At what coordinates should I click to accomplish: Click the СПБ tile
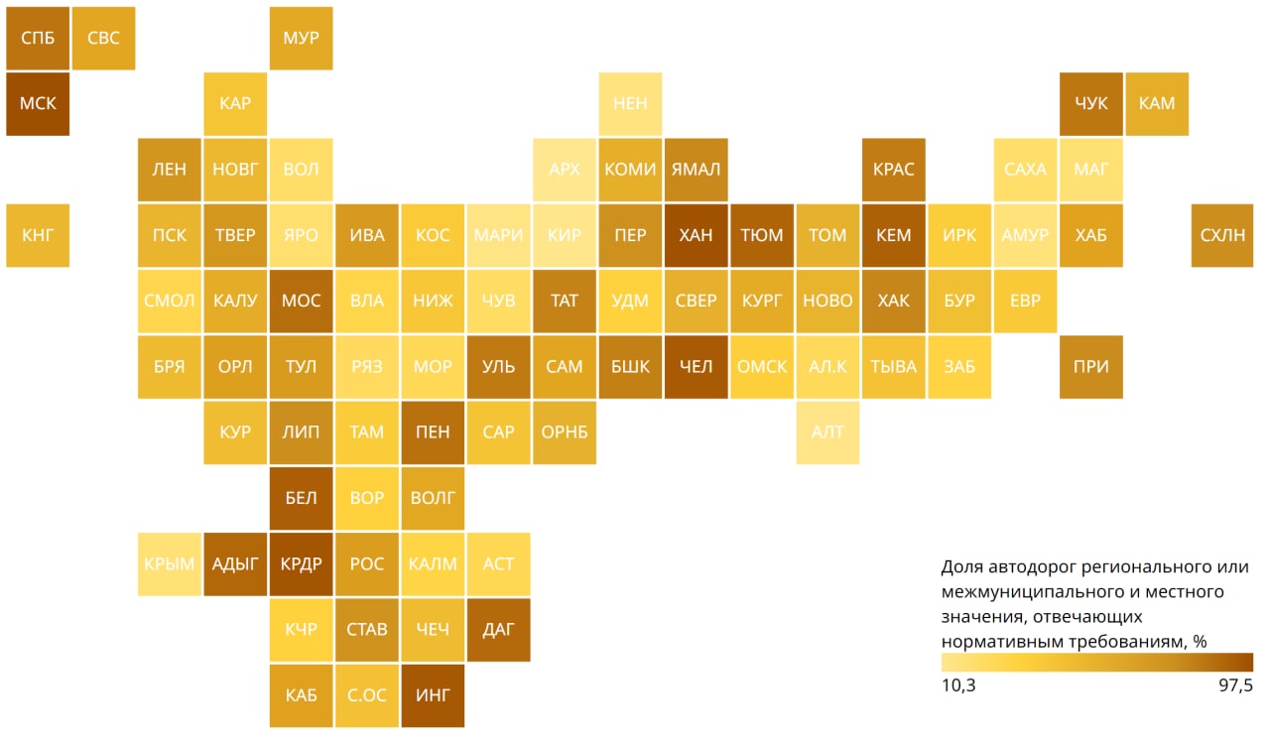[x=38, y=39]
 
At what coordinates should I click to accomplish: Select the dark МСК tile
[x=38, y=103]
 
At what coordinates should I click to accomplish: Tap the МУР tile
[x=301, y=39]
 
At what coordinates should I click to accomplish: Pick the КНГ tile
[x=38, y=235]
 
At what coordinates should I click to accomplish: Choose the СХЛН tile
[x=1222, y=235]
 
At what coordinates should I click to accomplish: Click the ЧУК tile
[x=1091, y=103]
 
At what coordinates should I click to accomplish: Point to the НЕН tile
[x=630, y=103]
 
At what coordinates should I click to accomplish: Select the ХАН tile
[x=696, y=235]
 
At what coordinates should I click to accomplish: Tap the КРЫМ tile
[x=170, y=563]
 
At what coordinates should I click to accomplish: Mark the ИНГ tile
[x=433, y=694]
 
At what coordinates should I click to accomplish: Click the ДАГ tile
[x=498, y=629]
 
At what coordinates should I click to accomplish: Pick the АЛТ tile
[x=827, y=432]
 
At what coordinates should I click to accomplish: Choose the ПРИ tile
[x=1091, y=367]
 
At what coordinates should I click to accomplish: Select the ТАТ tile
[x=564, y=301]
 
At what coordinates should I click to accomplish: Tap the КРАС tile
[x=894, y=170]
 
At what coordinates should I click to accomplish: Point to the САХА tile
[x=1025, y=170]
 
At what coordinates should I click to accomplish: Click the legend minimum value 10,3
[x=957, y=685]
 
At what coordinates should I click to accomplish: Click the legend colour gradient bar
[x=1096, y=662]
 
